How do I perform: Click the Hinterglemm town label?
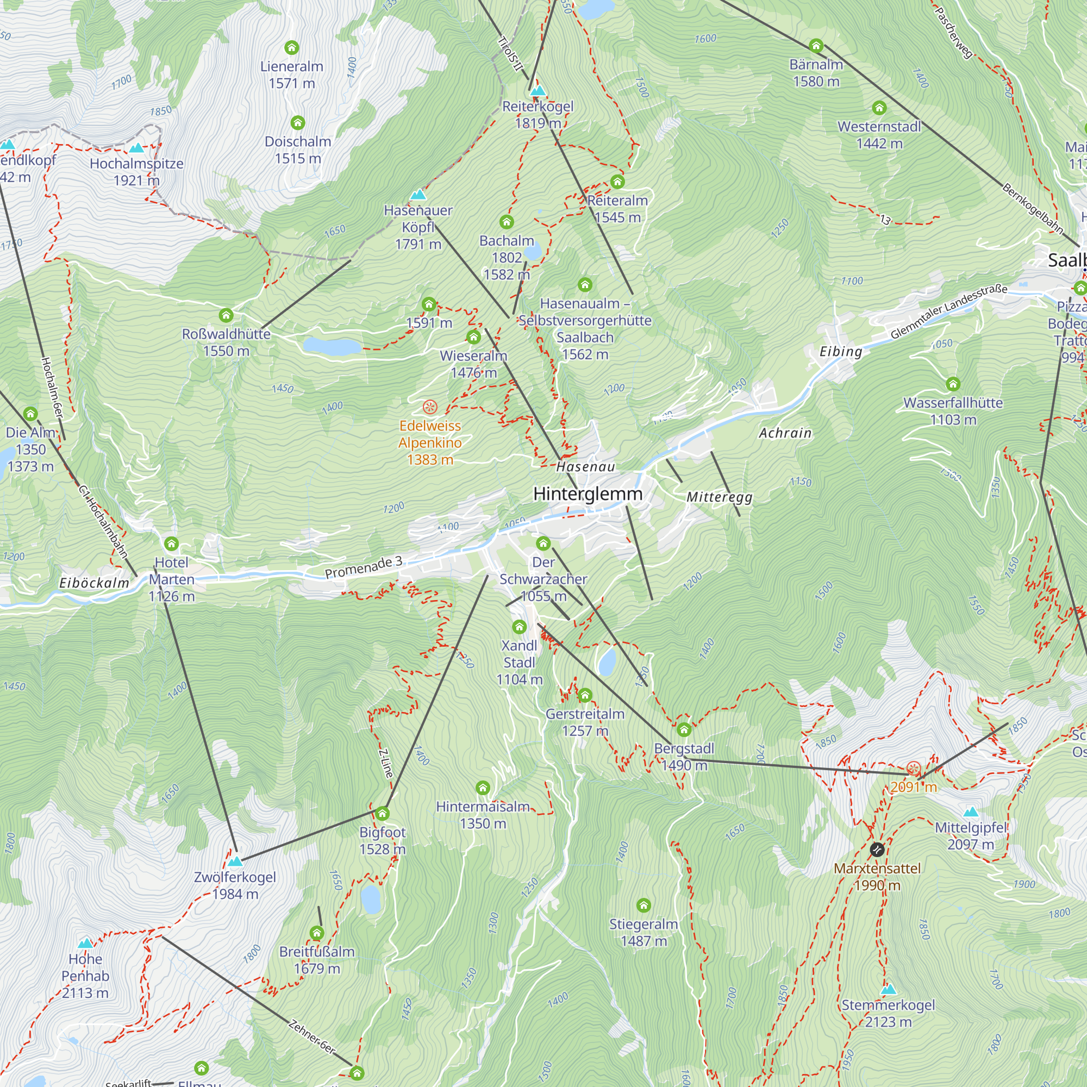[588, 494]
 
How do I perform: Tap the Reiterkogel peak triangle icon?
[538, 91]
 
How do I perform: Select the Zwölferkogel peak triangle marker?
[235, 861]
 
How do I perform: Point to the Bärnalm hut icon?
[816, 46]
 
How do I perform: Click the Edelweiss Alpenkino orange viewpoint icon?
[430, 407]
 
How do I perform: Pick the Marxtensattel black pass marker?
[877, 849]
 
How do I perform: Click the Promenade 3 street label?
[364, 567]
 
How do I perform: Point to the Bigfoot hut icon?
[383, 814]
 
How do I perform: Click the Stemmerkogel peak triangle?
[888, 989]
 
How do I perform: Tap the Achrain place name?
[785, 433]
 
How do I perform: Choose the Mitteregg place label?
[719, 497]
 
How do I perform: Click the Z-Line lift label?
[386, 763]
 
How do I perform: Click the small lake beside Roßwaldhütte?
[332, 346]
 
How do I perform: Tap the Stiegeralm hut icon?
[644, 905]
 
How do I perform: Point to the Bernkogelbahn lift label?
[1033, 208]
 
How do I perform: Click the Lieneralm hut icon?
[291, 47]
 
